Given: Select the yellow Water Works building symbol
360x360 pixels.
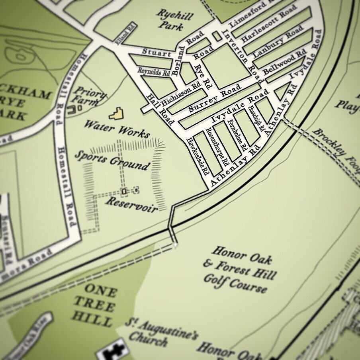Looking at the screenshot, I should click(116, 114).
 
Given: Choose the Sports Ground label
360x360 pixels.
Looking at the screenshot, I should click(113, 160).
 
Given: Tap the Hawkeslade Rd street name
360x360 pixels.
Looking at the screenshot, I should click(198, 157).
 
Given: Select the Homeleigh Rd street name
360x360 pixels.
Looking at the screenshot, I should click(256, 119).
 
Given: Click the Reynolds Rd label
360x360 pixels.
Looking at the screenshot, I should click(154, 71).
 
